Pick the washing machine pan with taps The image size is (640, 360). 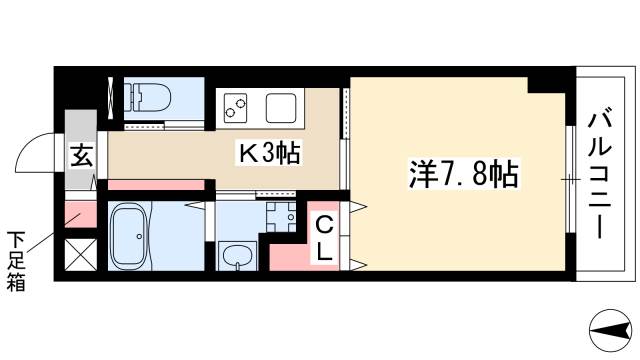(279, 213)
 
